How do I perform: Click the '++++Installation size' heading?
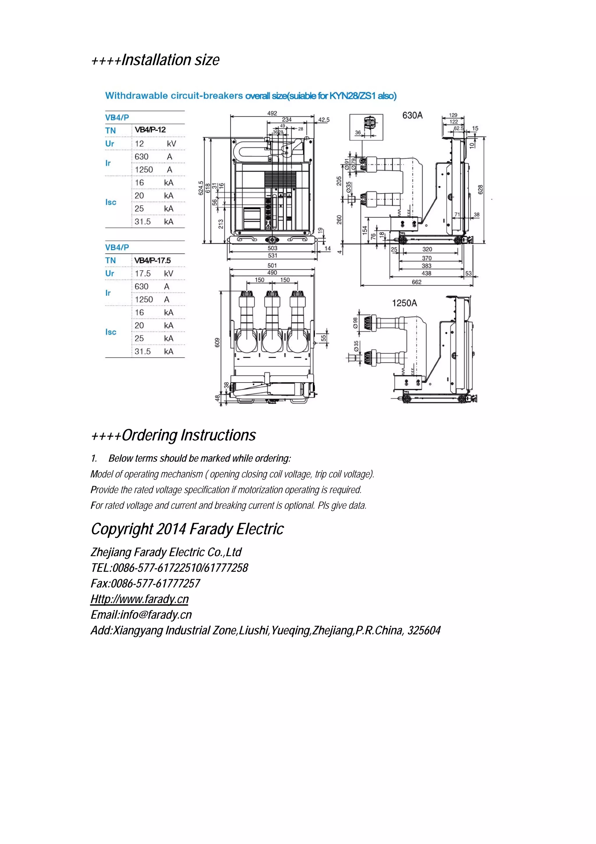click(155, 60)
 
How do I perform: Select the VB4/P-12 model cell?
click(150, 130)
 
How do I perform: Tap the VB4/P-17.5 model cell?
click(152, 260)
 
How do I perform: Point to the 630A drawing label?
click(412, 115)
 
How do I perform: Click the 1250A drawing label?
click(404, 303)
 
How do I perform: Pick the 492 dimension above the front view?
click(272, 113)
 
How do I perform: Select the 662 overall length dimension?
click(416, 282)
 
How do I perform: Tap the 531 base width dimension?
click(272, 256)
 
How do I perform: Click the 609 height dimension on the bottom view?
click(217, 342)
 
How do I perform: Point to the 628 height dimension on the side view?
click(480, 190)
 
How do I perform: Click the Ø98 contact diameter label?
click(355, 323)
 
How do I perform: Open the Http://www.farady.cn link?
click(140, 599)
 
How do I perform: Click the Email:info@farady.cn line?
click(141, 615)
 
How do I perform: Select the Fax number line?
click(146, 583)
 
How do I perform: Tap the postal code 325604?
click(424, 630)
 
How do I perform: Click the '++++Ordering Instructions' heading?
click(173, 435)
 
